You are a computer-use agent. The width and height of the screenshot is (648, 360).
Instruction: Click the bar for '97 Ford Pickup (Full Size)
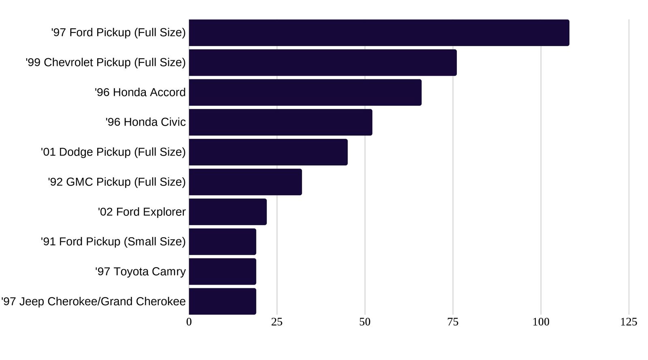(x=379, y=33)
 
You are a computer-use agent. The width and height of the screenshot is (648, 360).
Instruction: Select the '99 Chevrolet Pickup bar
(x=322, y=63)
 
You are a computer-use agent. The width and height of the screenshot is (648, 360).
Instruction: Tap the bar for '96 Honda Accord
(x=305, y=92)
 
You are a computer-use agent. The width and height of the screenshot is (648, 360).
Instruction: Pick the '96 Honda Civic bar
(x=280, y=122)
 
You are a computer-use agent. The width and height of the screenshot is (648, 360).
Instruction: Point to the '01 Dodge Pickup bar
(x=268, y=152)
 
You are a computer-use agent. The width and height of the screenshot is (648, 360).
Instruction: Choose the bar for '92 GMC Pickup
(x=245, y=182)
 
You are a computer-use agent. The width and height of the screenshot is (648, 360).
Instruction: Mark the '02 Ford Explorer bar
(x=228, y=212)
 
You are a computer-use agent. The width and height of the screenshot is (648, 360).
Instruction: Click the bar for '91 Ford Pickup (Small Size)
(x=222, y=242)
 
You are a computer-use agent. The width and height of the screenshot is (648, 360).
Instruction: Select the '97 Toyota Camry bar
(x=222, y=271)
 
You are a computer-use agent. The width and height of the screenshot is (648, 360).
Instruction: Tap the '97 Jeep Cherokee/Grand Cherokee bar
(x=222, y=301)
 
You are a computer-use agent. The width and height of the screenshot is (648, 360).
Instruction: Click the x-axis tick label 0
(x=189, y=322)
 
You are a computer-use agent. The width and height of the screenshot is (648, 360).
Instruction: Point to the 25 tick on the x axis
(x=277, y=322)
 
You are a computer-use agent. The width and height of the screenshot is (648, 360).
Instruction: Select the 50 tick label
(x=365, y=322)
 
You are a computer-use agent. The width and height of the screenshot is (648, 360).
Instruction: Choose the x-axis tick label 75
(x=453, y=322)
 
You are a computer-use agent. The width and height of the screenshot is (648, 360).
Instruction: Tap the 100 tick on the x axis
(x=541, y=322)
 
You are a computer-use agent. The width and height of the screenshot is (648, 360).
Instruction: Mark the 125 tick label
(x=629, y=322)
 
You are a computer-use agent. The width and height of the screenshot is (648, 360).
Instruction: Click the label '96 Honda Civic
(x=145, y=122)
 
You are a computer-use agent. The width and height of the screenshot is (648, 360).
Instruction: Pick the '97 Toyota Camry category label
(x=140, y=271)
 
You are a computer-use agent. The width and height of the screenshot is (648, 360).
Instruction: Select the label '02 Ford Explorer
(x=141, y=212)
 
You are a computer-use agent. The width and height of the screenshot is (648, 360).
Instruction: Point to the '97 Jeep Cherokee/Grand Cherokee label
(x=93, y=302)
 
